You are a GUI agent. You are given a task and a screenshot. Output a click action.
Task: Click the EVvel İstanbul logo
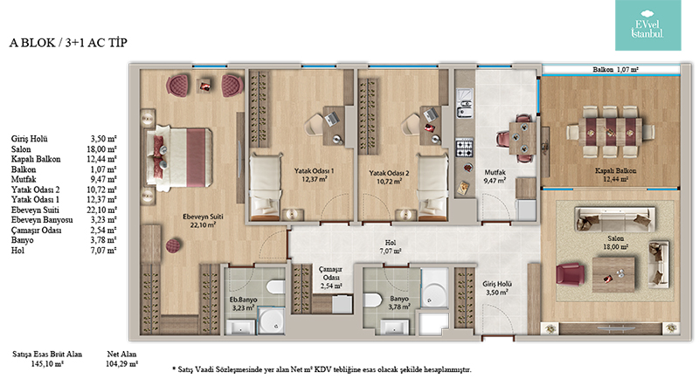[x=647, y=25]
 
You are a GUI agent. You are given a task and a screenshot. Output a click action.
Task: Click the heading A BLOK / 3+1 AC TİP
[x=68, y=43]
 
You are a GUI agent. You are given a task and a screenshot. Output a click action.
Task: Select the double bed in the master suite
[x=178, y=151]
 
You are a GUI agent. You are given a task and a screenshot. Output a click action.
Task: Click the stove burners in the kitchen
[x=464, y=148]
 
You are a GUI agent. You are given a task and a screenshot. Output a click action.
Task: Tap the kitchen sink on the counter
[x=464, y=104]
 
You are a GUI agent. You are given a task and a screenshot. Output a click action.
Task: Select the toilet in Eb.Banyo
[x=275, y=286]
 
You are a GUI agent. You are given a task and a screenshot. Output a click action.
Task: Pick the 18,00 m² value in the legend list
[x=101, y=149]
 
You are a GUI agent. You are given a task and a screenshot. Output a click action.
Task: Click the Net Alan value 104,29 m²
[x=122, y=363]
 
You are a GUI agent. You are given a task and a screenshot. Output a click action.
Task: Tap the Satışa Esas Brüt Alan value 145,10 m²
[x=47, y=363]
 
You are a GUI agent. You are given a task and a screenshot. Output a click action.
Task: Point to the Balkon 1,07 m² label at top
[x=615, y=70]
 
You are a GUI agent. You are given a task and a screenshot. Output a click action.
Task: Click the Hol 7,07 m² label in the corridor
[x=391, y=247]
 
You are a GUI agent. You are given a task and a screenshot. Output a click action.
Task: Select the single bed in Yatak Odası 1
[x=266, y=187]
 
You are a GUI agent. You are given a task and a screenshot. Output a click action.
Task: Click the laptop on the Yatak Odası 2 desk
[x=430, y=115]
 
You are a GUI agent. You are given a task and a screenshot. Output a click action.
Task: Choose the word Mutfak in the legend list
[x=24, y=179]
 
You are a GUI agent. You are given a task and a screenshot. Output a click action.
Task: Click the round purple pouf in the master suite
[x=173, y=245]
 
